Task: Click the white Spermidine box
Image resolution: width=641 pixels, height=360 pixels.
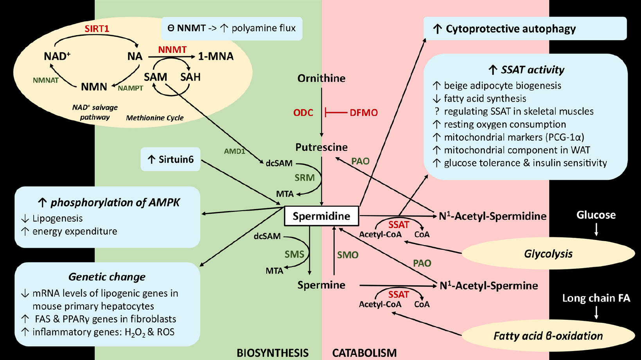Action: click(321, 216)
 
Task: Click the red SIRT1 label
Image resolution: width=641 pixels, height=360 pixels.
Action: click(97, 29)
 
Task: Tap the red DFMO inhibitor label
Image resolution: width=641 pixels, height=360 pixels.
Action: click(363, 113)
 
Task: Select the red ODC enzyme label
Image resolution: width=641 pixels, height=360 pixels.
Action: click(303, 113)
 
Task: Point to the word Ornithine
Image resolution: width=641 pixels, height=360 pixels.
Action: click(321, 79)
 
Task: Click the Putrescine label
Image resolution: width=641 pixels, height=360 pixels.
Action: click(321, 147)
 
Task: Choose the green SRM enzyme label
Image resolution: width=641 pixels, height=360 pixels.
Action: click(304, 178)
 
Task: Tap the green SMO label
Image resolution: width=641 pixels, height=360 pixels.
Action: click(348, 255)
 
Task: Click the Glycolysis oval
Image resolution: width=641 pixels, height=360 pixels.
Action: click(548, 254)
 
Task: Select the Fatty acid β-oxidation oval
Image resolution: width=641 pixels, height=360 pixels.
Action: click(548, 336)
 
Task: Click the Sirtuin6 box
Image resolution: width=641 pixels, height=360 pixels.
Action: click(171, 159)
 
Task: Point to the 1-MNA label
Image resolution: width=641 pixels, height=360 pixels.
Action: click(215, 57)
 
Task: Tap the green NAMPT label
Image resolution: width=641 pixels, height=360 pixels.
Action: click(130, 88)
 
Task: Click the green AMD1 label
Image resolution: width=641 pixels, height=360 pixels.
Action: click(234, 151)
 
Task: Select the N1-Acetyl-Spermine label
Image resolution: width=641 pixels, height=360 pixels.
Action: click(488, 286)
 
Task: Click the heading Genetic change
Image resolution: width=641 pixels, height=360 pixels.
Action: click(107, 277)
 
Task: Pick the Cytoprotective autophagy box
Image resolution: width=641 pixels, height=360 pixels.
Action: click(524, 29)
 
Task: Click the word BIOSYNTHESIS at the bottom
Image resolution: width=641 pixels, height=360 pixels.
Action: click(272, 353)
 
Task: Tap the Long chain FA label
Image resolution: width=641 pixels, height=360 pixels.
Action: click(596, 298)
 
